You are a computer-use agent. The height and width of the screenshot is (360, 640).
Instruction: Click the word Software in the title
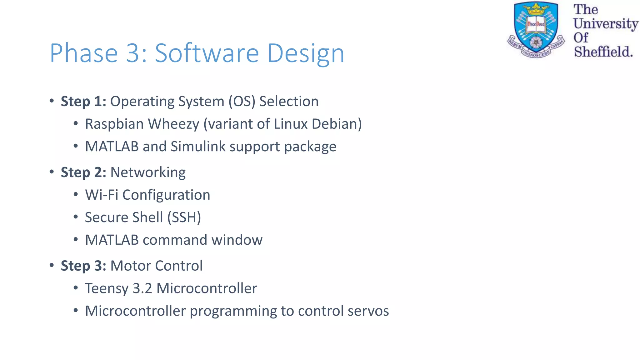(207, 53)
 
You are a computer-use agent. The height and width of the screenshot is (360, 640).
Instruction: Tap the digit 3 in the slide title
(132, 53)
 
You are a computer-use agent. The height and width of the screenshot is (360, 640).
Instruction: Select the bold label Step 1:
(83, 101)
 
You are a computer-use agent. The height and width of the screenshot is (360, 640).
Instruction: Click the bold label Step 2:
(83, 172)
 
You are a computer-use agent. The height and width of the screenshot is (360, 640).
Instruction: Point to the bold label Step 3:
(83, 266)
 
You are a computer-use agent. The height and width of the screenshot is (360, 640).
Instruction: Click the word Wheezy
(173, 124)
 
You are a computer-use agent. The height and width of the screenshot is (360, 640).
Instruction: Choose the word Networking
(148, 172)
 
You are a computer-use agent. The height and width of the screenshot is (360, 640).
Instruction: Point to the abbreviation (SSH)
(184, 217)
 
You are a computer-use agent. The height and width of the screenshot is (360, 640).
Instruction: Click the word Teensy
(107, 288)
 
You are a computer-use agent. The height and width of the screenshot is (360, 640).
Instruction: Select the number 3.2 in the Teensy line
(142, 288)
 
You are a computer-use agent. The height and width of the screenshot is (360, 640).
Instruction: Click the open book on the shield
(536, 25)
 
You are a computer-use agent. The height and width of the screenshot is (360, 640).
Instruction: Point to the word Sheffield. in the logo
(603, 52)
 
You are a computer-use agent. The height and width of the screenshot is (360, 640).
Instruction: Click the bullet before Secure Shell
(75, 217)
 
